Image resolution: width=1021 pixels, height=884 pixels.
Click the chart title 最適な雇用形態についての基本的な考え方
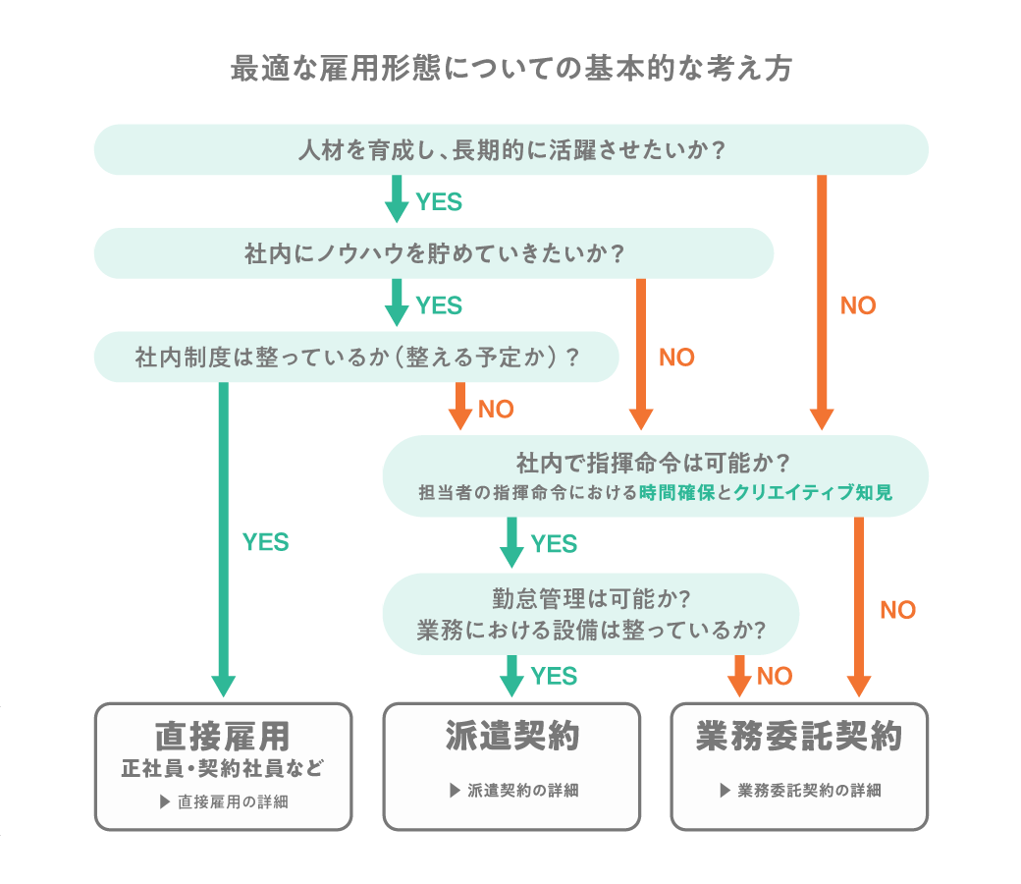pos(511,69)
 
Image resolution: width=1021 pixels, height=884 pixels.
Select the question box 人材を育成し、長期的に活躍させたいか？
pos(511,150)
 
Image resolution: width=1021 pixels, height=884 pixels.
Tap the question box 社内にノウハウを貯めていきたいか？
pos(434,253)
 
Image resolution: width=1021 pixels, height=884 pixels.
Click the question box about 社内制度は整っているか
pos(356,357)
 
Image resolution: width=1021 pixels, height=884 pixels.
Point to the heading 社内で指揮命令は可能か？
pos(653,464)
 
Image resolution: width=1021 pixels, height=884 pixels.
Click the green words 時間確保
pos(677,492)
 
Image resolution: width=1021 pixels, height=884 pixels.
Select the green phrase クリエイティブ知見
pos(813,492)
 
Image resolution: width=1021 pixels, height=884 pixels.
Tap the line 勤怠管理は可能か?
pos(591,599)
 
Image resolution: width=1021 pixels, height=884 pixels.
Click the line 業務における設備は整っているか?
pos(591,630)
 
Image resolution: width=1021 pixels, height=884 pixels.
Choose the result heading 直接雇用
pos(223,737)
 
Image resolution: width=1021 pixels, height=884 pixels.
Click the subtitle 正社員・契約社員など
pos(223,769)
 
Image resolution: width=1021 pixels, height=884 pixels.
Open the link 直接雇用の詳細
pos(224,801)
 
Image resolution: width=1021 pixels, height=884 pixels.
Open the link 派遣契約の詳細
pos(513,790)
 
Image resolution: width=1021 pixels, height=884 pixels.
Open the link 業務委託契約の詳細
pos(800,790)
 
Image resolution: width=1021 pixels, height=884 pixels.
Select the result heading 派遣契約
pos(512,736)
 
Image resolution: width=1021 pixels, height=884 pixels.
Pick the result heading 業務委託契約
pos(799,736)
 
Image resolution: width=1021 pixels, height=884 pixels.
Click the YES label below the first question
pos(439,202)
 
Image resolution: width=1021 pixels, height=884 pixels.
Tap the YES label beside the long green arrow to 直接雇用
pos(266,542)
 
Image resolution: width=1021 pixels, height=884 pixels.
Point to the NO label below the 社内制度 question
pos(496,410)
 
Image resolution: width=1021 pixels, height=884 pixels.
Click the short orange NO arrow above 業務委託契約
pos(739,676)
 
